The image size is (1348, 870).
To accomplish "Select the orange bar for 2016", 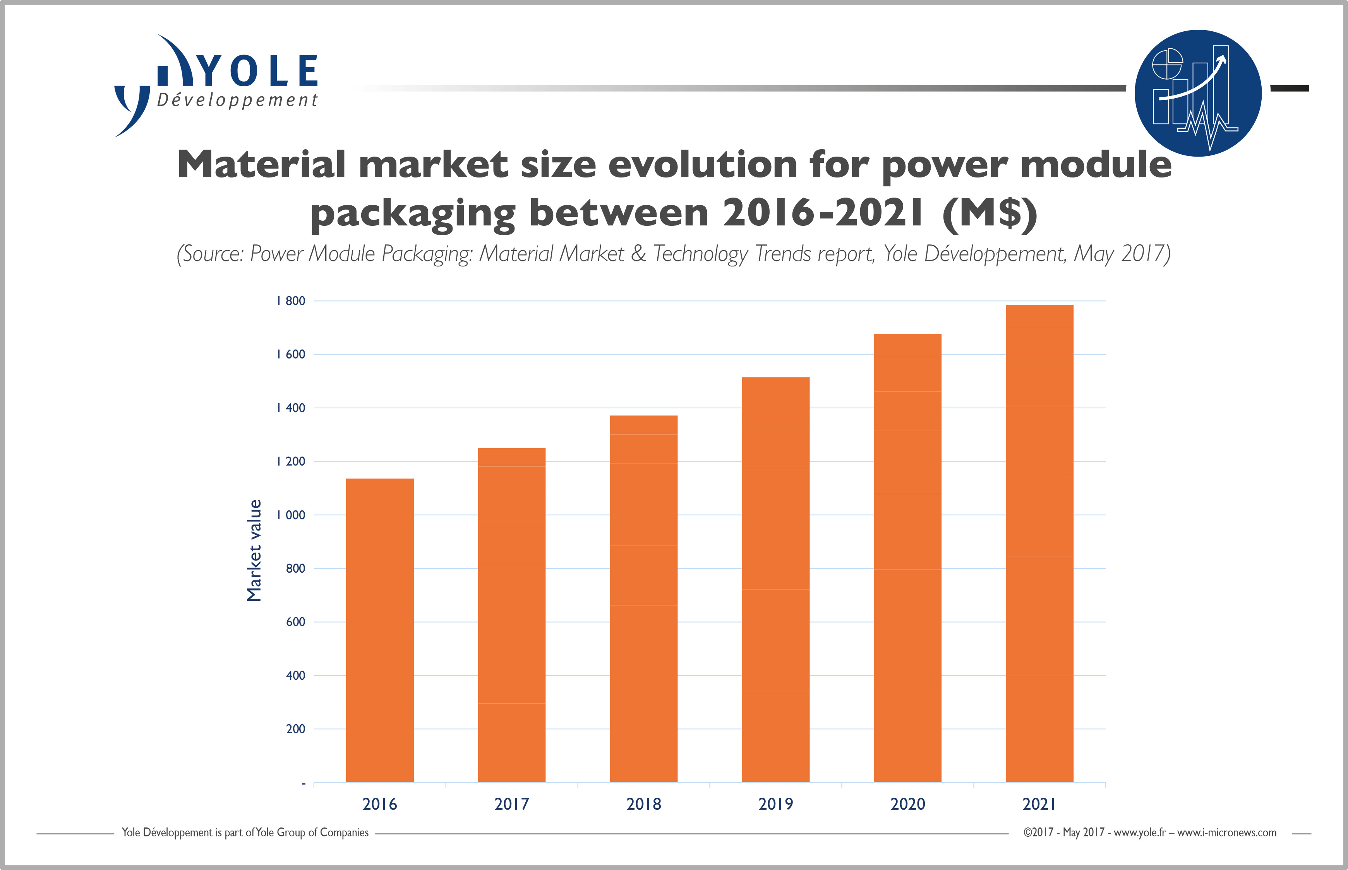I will tap(379, 630).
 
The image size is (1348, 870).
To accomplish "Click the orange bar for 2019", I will tap(775, 579).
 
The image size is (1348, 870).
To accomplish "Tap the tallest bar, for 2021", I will tap(1039, 542).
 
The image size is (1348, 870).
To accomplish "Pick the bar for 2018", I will tap(643, 599).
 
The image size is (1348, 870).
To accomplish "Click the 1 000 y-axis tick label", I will tap(291, 515).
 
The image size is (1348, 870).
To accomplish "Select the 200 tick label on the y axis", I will tap(295, 729).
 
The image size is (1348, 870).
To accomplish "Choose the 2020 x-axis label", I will tap(907, 804).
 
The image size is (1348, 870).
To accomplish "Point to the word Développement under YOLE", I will tap(237, 101).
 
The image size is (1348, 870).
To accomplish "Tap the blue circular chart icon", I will tap(1197, 93).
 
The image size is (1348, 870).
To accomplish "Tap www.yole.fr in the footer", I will tap(1139, 833).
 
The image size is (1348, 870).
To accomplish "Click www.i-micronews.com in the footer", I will tap(1226, 833).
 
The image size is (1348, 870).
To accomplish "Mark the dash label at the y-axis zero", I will tap(304, 783).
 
